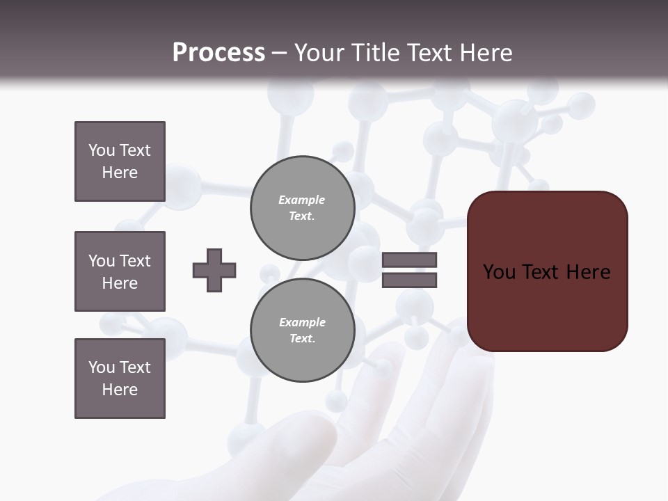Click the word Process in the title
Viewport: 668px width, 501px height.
coord(218,53)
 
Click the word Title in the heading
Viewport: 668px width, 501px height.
coord(374,53)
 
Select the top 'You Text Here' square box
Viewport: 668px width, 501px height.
coord(120,161)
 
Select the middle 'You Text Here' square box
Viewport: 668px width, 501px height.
coord(120,271)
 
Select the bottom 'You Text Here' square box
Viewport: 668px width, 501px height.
coord(120,379)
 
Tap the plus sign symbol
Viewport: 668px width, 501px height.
coord(214,270)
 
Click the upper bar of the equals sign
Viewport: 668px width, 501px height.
coord(409,260)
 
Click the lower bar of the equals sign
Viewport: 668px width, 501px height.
coord(409,280)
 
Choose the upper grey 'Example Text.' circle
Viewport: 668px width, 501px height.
coord(302,207)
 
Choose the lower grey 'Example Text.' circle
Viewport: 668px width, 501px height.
coord(302,330)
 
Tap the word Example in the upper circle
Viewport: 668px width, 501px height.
coord(302,200)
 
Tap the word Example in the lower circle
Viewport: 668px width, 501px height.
coord(302,322)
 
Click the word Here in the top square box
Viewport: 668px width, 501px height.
coord(120,173)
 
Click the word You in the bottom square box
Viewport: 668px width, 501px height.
coord(101,367)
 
